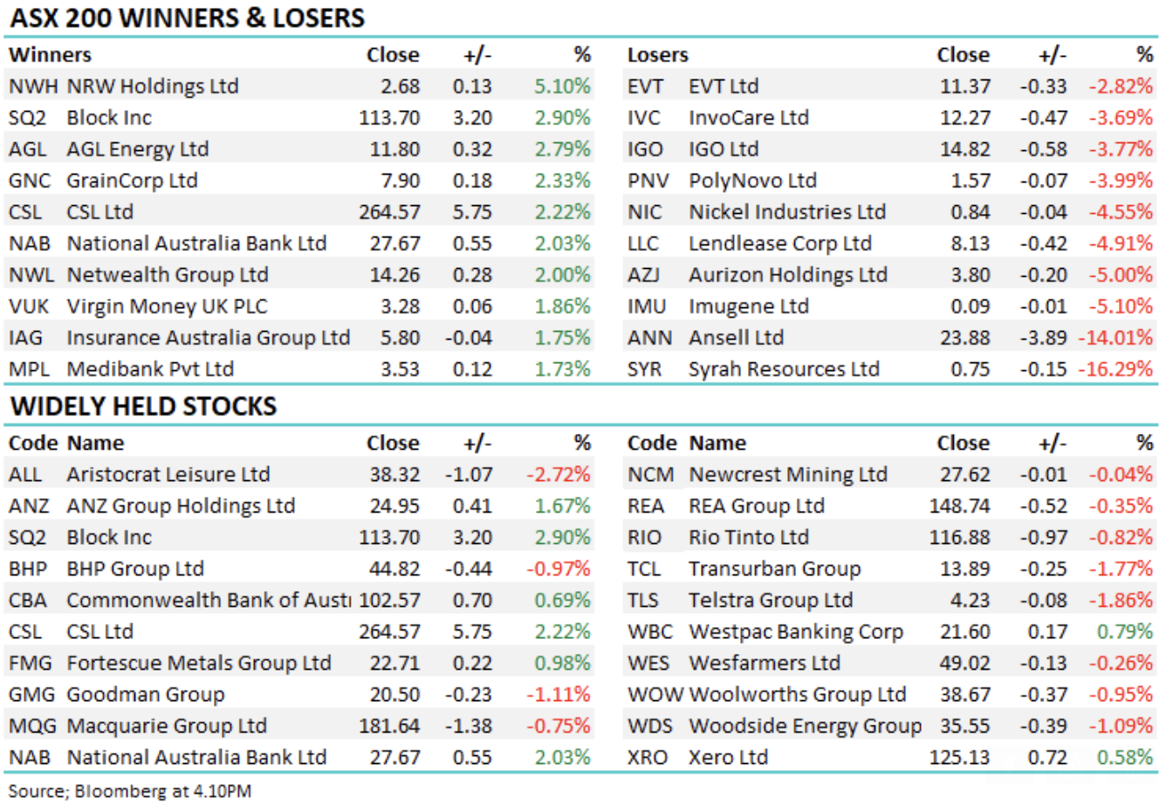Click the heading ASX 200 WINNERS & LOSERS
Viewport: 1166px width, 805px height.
187,17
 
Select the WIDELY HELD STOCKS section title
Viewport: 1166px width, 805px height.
143,406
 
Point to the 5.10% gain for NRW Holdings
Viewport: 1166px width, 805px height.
562,86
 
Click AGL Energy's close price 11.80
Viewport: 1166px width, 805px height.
394,149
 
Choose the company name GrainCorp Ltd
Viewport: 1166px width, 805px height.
132,181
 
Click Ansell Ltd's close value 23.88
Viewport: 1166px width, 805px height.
964,338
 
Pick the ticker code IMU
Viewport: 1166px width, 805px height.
647,306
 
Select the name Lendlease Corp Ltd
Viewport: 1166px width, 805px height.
779,244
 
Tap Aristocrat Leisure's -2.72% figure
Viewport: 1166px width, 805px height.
558,475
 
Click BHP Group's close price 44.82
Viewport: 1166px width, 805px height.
394,569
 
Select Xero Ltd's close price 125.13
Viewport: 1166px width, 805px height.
959,758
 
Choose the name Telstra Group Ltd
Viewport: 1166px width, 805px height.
770,601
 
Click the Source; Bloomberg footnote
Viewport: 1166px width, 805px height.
129,792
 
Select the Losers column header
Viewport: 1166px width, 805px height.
657,55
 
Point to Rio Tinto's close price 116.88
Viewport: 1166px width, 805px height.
959,538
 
